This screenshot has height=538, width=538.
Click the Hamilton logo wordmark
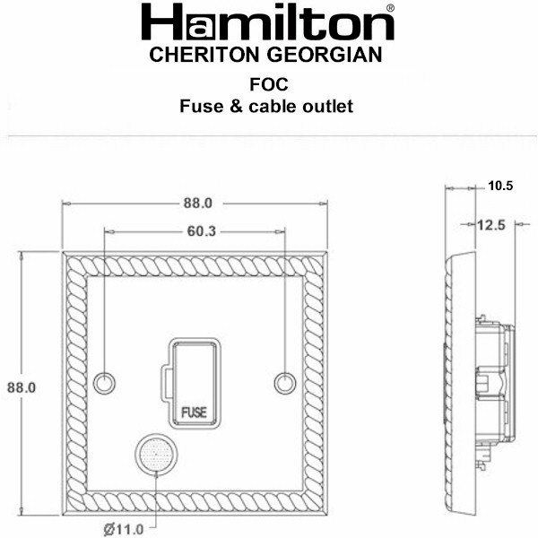(x=267, y=22)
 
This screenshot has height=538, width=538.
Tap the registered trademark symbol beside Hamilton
(x=390, y=7)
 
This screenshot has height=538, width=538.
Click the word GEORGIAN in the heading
(x=325, y=55)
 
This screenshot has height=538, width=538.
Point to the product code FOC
(x=269, y=85)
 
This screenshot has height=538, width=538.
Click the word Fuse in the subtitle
(x=202, y=107)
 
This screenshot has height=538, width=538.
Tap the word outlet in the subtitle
(x=327, y=107)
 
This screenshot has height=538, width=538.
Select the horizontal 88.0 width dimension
(x=198, y=204)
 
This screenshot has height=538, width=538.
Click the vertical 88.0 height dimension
(x=22, y=387)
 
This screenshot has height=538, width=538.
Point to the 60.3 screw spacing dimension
(x=202, y=231)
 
